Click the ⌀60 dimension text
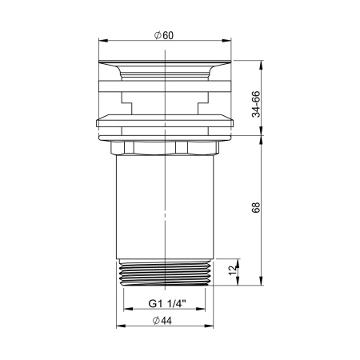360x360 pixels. [164, 34]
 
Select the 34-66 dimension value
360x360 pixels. [255, 103]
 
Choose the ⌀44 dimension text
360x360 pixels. [165, 322]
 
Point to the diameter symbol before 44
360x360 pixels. [156, 322]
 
